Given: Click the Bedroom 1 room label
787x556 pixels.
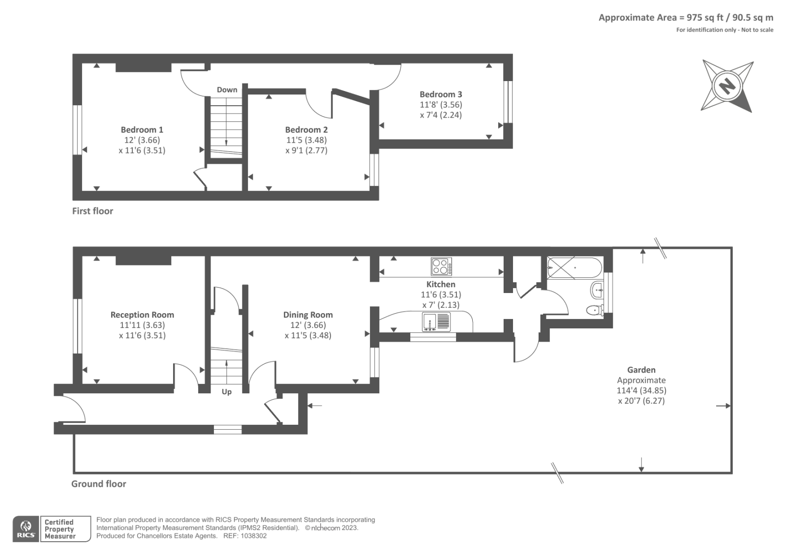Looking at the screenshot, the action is click(142, 130).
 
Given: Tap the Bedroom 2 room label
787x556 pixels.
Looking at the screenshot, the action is click(306, 130).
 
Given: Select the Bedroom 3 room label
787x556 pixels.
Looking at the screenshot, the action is click(441, 94).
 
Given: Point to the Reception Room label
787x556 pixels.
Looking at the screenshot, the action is click(142, 315).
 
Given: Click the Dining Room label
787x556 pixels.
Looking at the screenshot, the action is click(308, 315).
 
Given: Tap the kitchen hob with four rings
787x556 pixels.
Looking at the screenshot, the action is click(441, 266).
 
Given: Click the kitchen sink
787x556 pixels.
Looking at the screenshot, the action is click(436, 322).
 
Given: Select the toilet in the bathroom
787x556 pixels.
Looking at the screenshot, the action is click(595, 310).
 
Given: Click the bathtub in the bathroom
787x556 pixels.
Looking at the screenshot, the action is click(575, 268).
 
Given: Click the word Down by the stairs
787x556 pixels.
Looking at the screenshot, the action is click(227, 89).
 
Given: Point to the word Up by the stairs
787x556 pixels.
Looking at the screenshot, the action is click(227, 392).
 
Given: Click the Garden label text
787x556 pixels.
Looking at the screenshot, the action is click(641, 370).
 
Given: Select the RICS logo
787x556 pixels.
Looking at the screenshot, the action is click(26, 529).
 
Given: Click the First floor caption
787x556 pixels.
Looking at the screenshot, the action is click(93, 211).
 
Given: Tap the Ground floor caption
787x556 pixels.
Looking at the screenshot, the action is click(99, 484).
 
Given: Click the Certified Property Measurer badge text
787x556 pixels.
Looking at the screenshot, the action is click(60, 529).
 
